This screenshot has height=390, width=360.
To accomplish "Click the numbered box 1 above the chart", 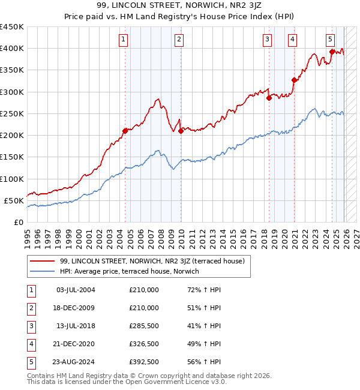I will pyautogui.click(x=123, y=40).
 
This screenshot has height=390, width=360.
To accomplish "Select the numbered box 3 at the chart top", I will pyautogui.click(x=267, y=40).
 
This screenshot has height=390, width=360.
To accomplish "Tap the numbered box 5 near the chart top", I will pyautogui.click(x=331, y=40).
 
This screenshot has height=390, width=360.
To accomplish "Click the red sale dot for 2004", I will pyautogui.click(x=125, y=130).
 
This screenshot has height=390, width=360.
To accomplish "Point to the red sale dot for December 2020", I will pyautogui.click(x=294, y=80).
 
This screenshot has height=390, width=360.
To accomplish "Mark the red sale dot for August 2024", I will pyautogui.click(x=332, y=52).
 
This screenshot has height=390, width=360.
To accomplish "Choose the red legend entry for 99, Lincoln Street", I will pyautogui.click(x=152, y=261).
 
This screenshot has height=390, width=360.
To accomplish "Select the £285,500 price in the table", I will pyautogui.click(x=144, y=326).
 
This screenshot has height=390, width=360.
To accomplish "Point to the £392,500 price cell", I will pyautogui.click(x=144, y=362).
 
